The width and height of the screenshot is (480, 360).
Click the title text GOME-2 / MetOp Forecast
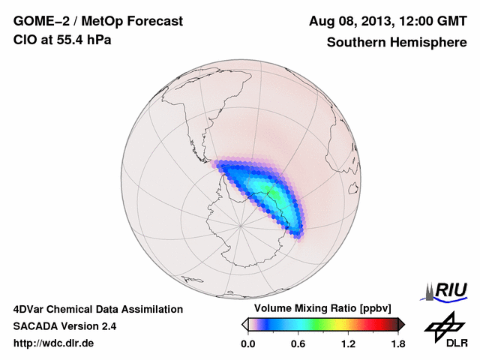pyautogui.click(x=97, y=22)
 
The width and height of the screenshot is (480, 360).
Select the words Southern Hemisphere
pyautogui.click(x=397, y=42)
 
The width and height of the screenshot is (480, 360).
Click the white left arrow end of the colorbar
pyautogui.click(x=244, y=324)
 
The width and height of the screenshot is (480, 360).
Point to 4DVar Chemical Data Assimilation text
pyautogui.click(x=97, y=309)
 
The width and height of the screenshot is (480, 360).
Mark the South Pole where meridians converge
pyautogui.click(x=240, y=223)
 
